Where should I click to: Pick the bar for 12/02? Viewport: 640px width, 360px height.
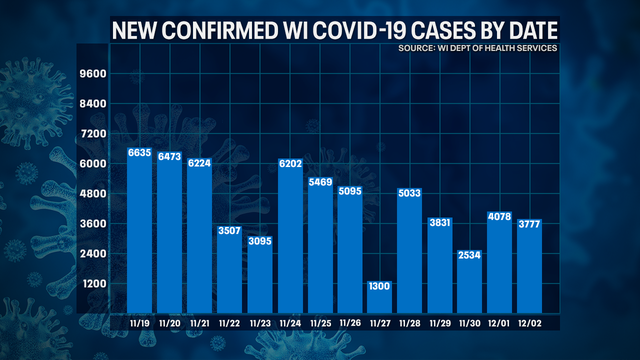click(x=530, y=270)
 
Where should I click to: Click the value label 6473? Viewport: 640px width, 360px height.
click(x=170, y=157)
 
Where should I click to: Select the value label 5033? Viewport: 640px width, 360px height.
click(x=410, y=193)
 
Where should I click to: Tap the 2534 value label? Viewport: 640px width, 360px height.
click(x=470, y=255)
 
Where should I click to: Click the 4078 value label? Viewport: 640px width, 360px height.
click(x=500, y=216)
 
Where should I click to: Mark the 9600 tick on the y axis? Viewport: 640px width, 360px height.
click(x=93, y=74)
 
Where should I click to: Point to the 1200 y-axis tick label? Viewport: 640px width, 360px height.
click(x=93, y=284)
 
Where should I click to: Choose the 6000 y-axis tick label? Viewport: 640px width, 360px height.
click(x=93, y=164)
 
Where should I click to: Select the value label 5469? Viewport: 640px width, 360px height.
click(x=320, y=182)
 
